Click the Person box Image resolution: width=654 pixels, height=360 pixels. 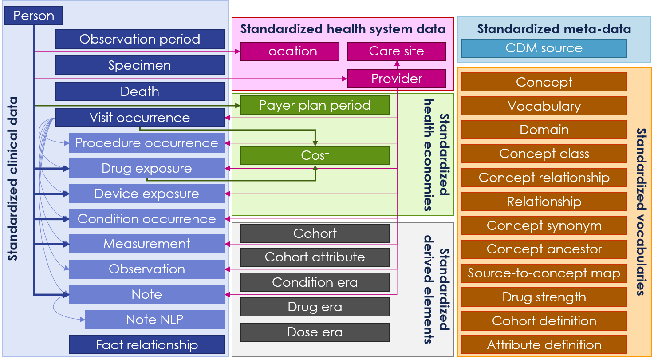click(x=34, y=16)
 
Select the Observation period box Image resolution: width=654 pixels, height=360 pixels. click(x=140, y=39)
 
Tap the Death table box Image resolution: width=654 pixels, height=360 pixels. click(x=140, y=91)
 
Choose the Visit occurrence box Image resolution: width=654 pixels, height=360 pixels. click(x=140, y=118)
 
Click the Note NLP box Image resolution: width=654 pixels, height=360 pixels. click(x=155, y=319)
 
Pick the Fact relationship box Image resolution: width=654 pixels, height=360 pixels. click(x=146, y=345)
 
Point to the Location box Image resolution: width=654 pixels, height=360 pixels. click(x=290, y=51)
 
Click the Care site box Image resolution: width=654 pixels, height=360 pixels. click(x=397, y=51)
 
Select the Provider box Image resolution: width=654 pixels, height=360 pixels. click(x=397, y=78)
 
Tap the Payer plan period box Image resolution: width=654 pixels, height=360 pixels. click(x=315, y=105)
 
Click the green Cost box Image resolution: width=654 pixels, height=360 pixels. click(x=315, y=155)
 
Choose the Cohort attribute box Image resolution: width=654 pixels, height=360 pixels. click(x=315, y=257)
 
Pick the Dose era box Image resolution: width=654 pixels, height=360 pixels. click(x=315, y=332)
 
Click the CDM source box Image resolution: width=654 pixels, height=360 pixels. click(x=544, y=48)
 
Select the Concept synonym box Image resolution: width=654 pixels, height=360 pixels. click(x=544, y=225)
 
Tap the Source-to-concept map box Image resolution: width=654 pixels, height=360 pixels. click(x=544, y=273)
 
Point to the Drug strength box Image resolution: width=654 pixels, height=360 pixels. click(x=544, y=297)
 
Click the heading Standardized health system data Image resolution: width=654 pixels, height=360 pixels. click(x=343, y=29)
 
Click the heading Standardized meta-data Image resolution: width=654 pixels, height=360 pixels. click(x=554, y=29)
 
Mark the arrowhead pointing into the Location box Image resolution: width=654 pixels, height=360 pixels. click(x=238, y=51)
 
